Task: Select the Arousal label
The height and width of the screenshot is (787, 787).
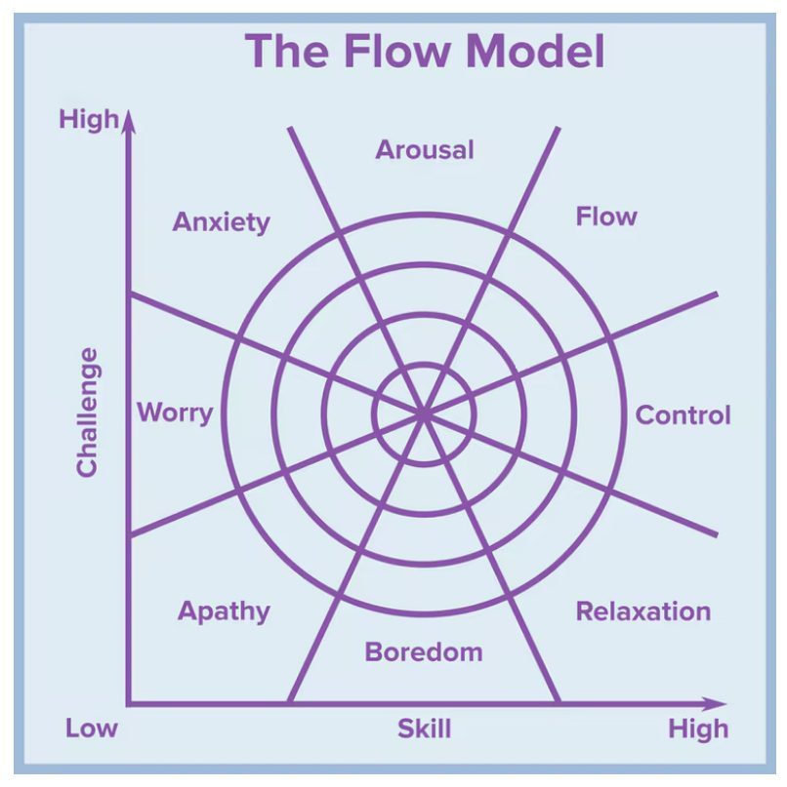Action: (x=425, y=150)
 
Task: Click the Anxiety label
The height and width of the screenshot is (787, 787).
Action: (x=221, y=222)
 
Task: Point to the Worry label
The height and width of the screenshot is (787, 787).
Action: (x=174, y=412)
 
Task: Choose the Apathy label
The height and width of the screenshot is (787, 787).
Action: (x=224, y=611)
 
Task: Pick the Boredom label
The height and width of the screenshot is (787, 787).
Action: (x=424, y=651)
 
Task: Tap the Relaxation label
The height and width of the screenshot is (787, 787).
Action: (x=642, y=611)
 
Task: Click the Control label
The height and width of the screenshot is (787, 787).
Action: (x=683, y=415)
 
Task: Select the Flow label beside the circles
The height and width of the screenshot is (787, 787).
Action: (x=605, y=216)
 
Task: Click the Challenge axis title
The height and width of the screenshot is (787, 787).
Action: (x=88, y=412)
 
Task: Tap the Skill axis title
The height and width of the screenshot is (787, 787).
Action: (x=424, y=728)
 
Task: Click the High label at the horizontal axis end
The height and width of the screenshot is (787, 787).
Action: (x=698, y=728)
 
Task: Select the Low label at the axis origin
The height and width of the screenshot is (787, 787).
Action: (x=92, y=728)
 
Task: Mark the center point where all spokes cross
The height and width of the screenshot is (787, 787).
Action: (x=424, y=414)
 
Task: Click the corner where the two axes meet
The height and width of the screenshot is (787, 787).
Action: (x=127, y=703)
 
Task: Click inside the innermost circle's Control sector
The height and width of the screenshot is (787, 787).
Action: (x=456, y=414)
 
